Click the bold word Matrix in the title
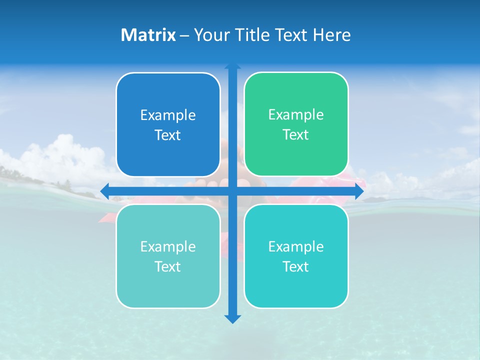pyautogui.click(x=148, y=35)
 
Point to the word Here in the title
pyautogui.click(x=331, y=35)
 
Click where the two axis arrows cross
pyautogui.click(x=232, y=191)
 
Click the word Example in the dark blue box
pyautogui.click(x=168, y=115)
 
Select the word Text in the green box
pyautogui.click(x=296, y=135)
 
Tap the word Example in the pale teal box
pyautogui.click(x=168, y=246)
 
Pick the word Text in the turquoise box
pyautogui.click(x=296, y=266)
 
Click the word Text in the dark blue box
pyautogui.click(x=168, y=135)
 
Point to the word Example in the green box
pyautogui.click(x=296, y=115)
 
